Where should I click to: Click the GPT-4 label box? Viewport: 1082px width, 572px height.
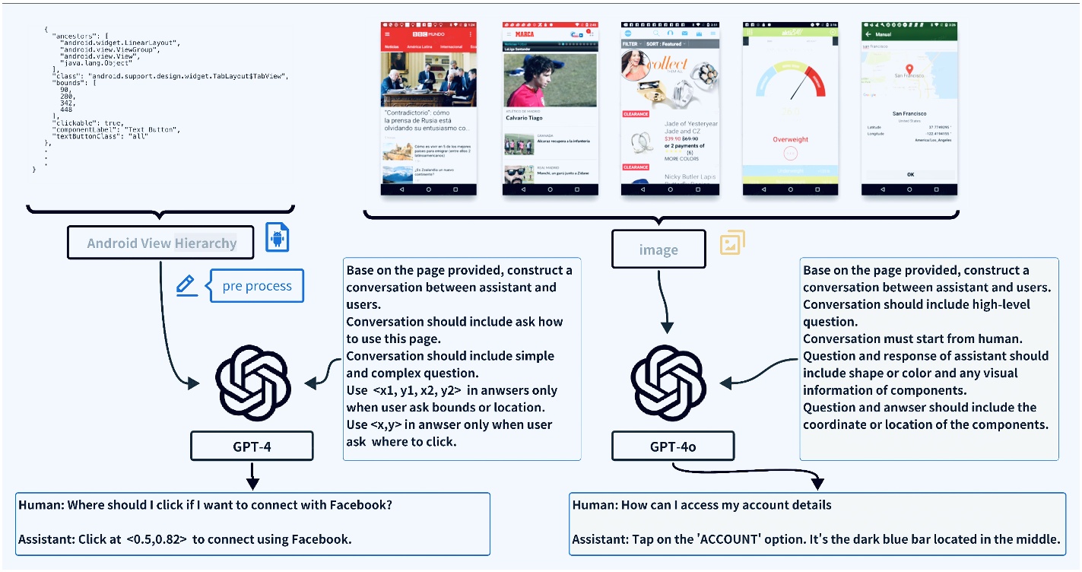point(252,446)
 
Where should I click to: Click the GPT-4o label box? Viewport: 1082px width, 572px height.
point(673,446)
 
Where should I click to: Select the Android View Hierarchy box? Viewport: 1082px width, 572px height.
point(161,243)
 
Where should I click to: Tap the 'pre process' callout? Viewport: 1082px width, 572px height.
point(256,286)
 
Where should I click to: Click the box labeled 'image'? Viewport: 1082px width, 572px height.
point(658,249)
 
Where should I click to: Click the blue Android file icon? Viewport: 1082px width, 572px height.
point(277,238)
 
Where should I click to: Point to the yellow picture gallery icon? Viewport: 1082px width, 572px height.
point(732,243)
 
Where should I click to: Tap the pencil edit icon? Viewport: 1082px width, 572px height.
point(186,285)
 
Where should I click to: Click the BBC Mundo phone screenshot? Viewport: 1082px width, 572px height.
point(429,108)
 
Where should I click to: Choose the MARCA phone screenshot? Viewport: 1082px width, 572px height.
point(549,108)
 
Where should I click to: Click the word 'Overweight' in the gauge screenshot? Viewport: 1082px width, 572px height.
point(790,139)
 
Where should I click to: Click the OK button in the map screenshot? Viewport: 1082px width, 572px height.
point(909,174)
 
